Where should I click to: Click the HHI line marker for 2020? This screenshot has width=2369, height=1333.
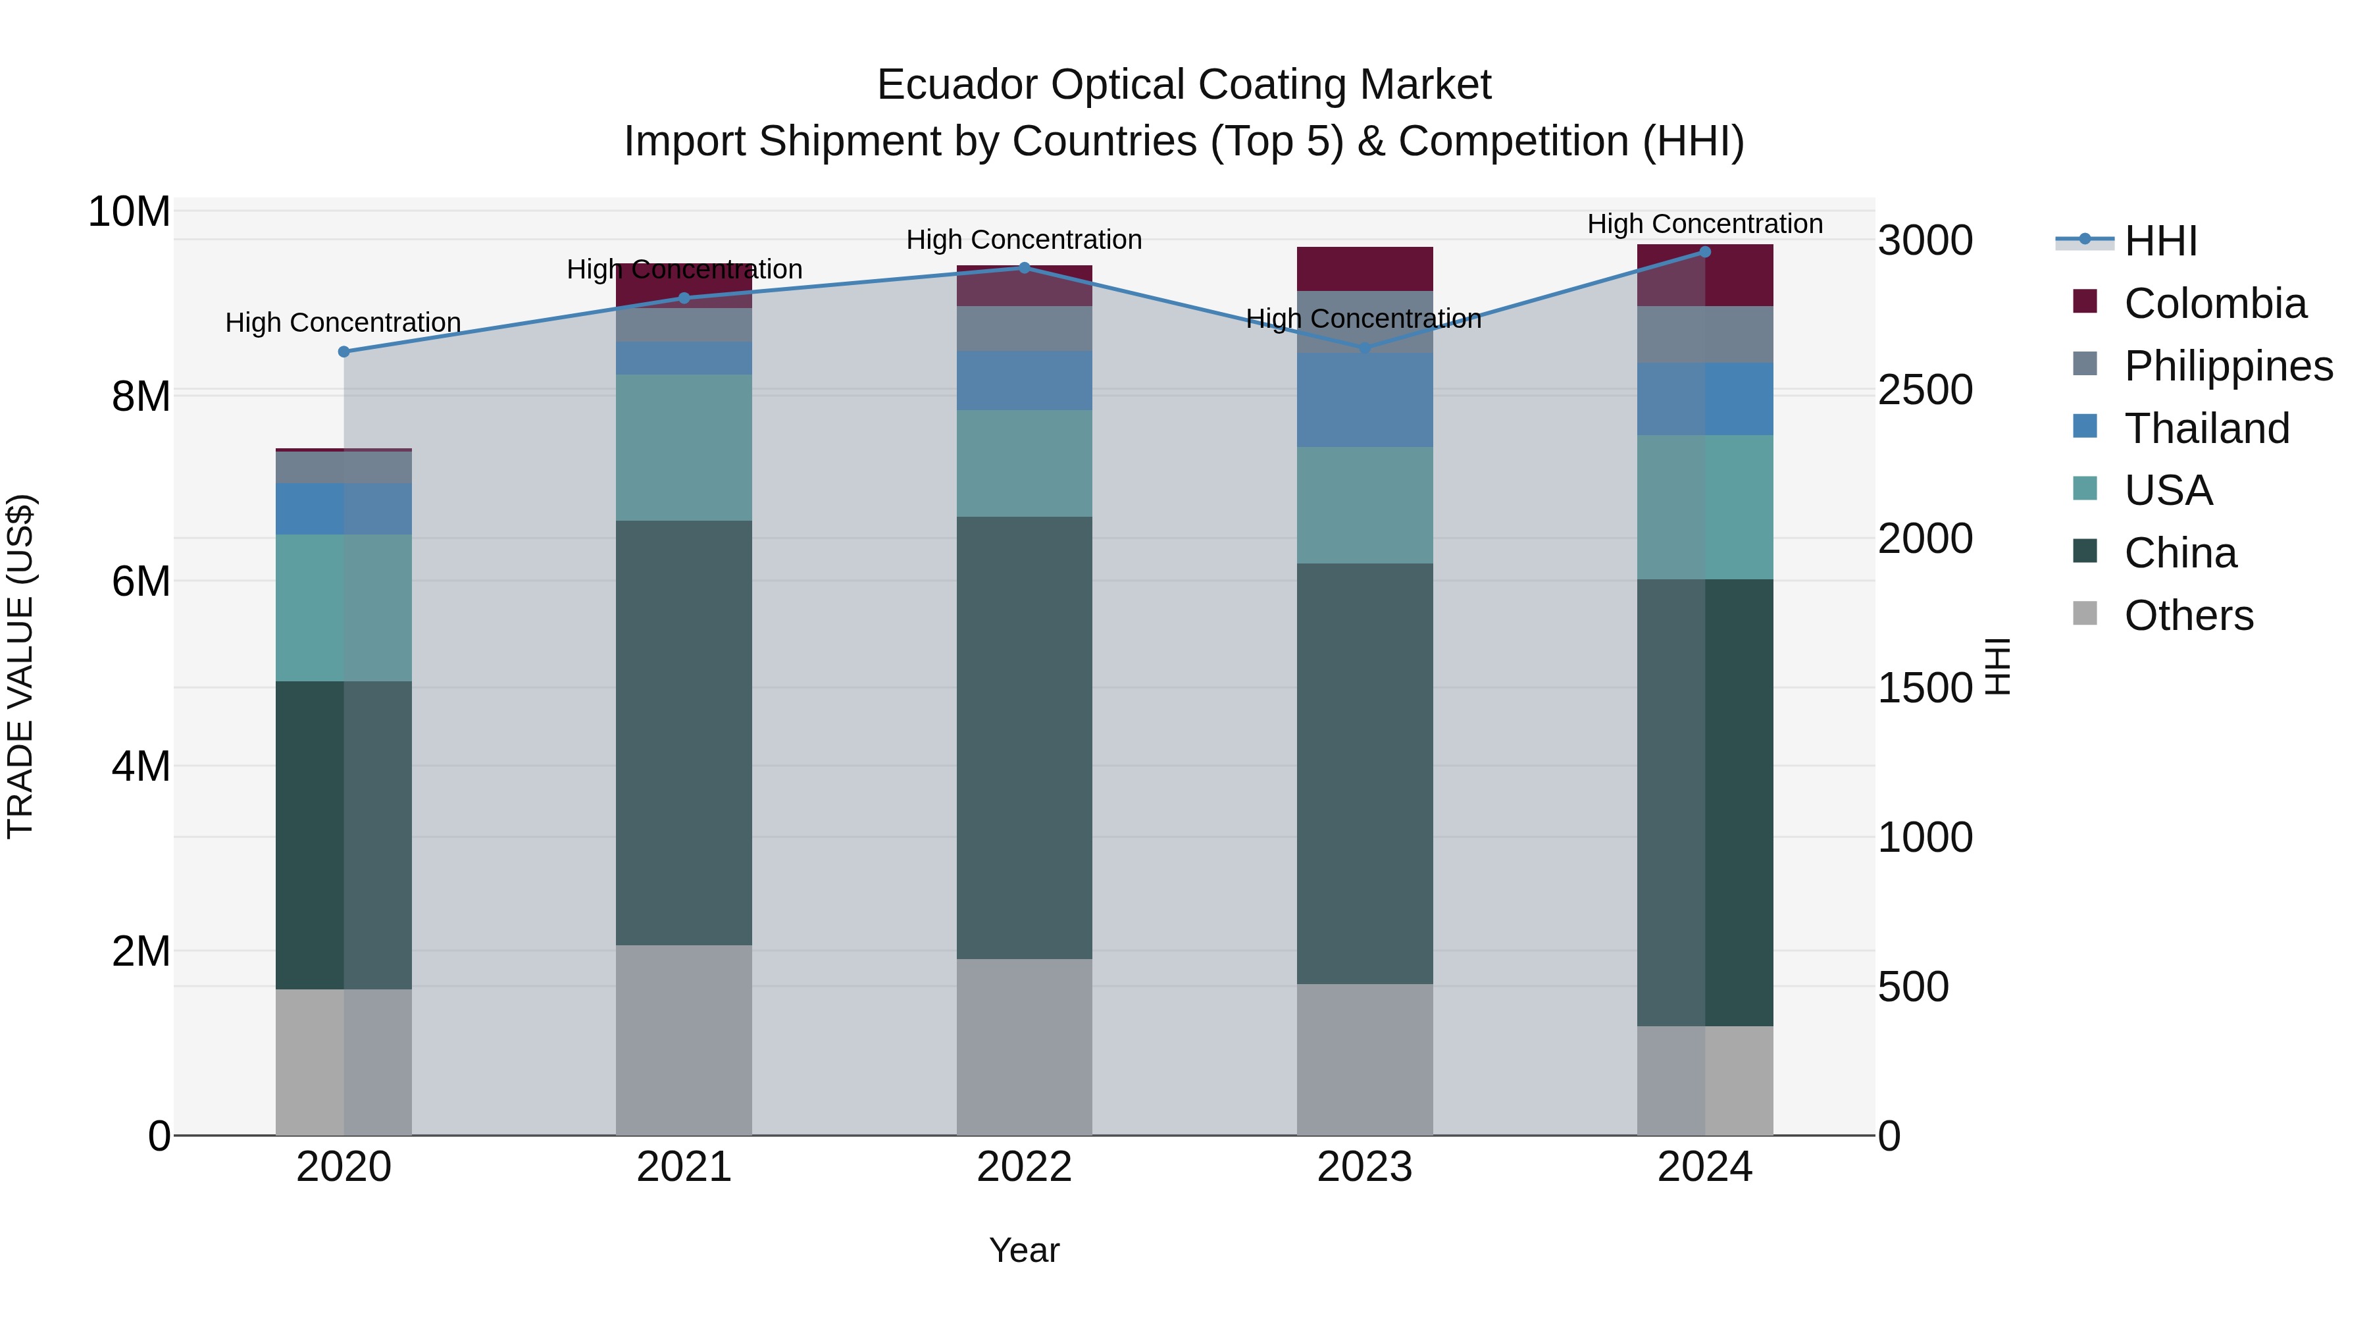(x=344, y=352)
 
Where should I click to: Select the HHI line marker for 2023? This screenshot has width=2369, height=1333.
(x=1365, y=349)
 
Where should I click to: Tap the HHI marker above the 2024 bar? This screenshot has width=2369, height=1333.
(x=1705, y=251)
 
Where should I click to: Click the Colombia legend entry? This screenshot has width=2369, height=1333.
(x=2214, y=303)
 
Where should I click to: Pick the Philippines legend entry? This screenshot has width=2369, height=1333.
(x=2228, y=366)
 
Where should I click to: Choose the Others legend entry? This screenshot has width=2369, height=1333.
(x=2188, y=615)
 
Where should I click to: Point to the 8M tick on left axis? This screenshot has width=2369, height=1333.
(x=140, y=396)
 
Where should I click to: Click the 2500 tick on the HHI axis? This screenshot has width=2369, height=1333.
(x=1925, y=390)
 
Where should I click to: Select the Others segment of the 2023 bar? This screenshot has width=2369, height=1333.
(x=1365, y=1059)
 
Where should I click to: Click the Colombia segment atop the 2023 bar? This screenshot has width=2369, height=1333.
(x=1365, y=269)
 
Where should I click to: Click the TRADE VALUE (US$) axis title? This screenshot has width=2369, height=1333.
(x=20, y=666)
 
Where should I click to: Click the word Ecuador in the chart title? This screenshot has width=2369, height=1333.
(x=958, y=85)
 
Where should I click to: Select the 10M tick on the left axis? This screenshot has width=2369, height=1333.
(x=129, y=211)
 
